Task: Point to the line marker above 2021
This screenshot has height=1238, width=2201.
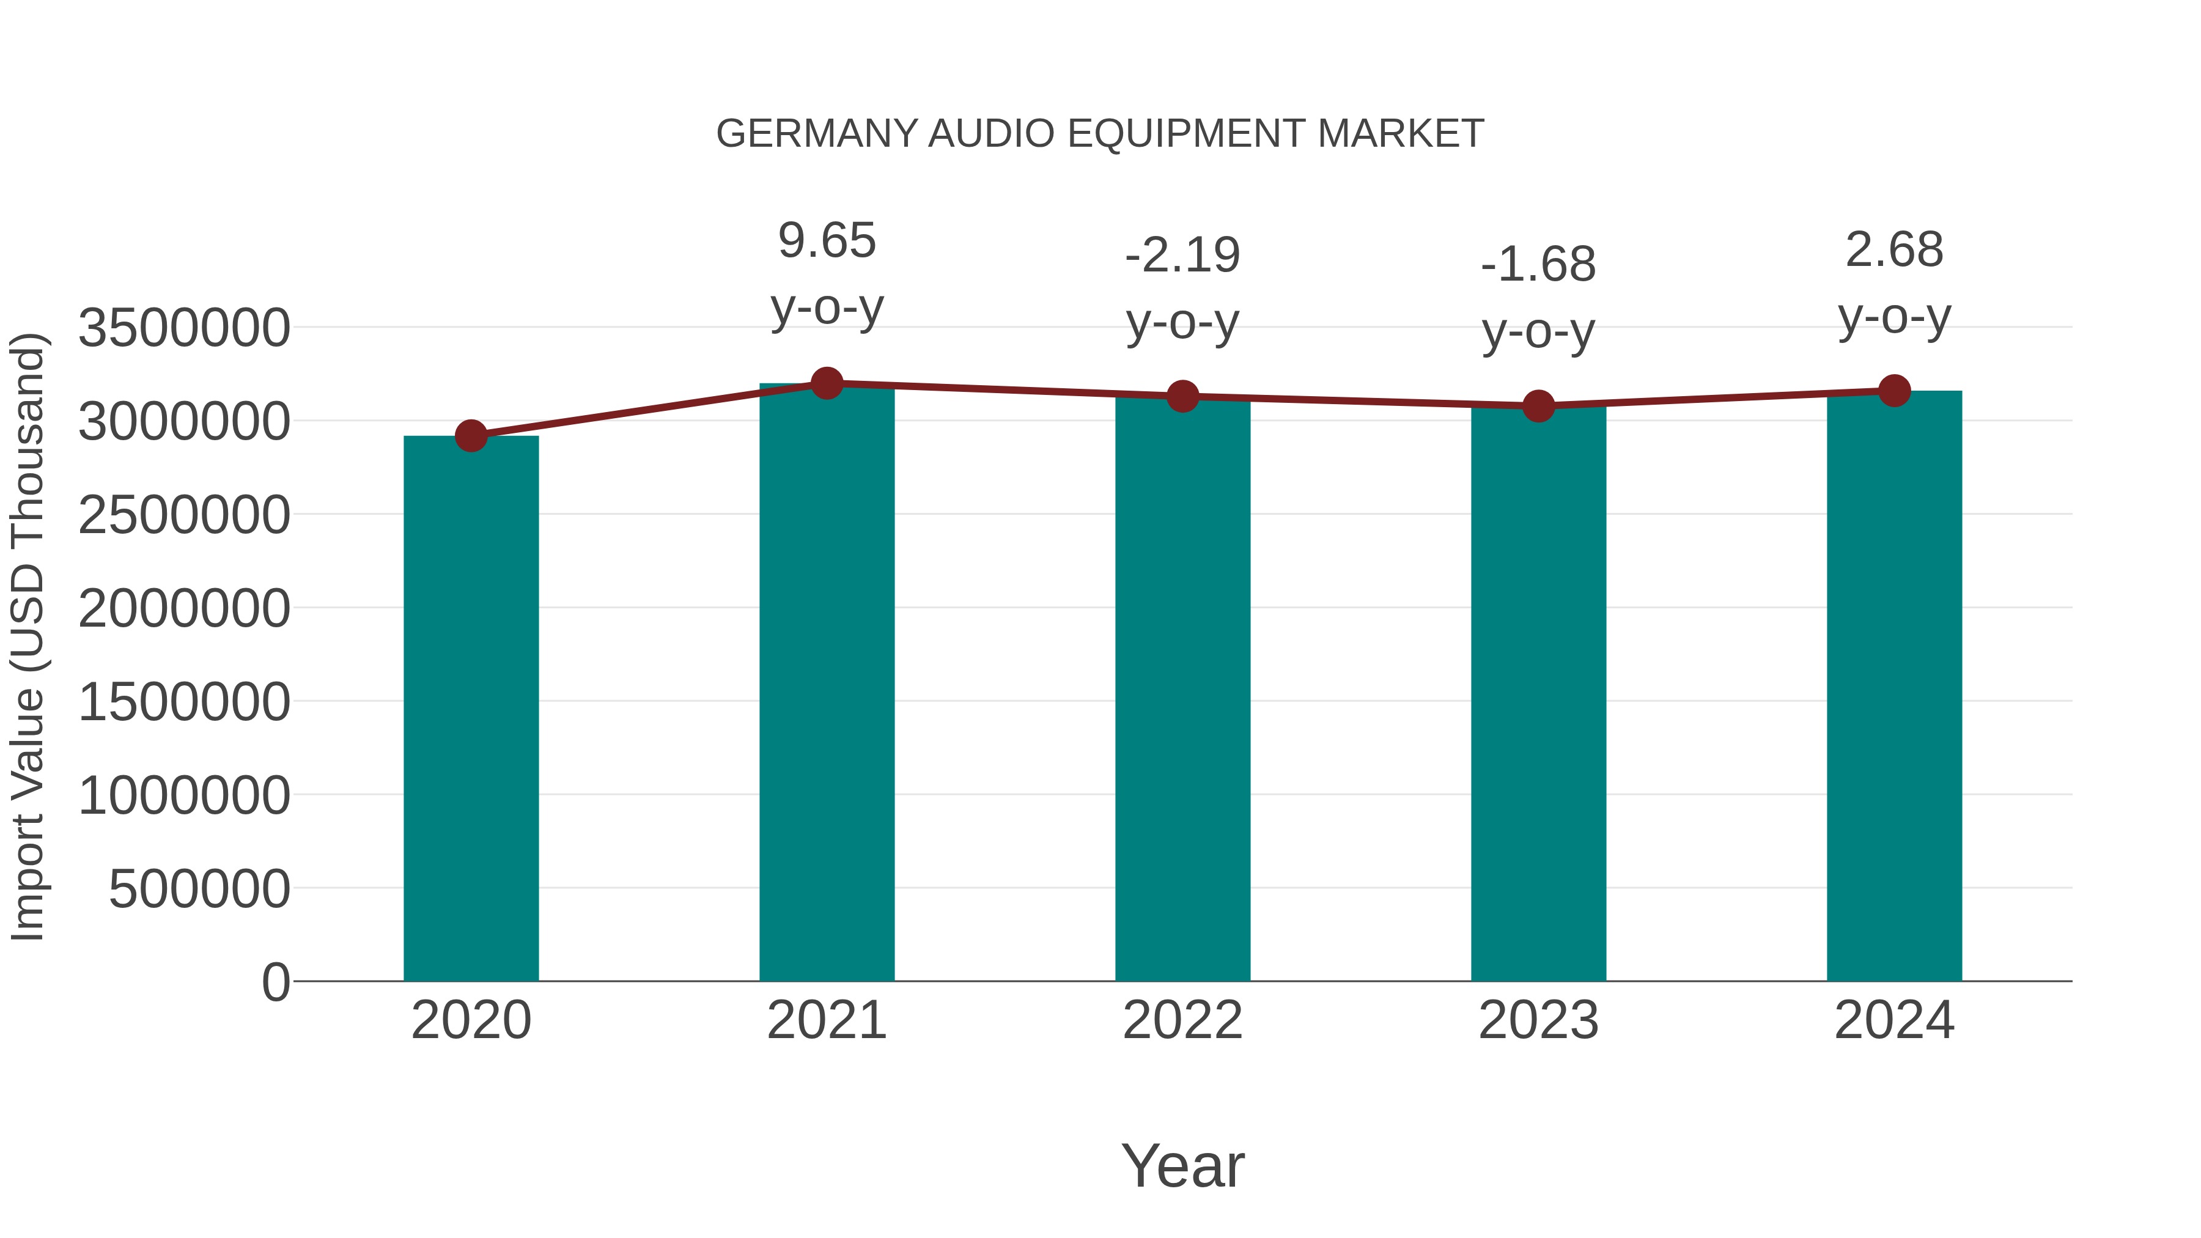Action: (x=826, y=383)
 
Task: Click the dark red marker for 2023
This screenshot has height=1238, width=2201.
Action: (x=1538, y=406)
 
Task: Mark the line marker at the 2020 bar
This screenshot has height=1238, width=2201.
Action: (x=471, y=437)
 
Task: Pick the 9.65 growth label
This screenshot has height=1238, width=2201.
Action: (x=826, y=241)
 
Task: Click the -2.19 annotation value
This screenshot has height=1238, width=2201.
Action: (x=1182, y=256)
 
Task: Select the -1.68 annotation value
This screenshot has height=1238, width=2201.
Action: (x=1538, y=265)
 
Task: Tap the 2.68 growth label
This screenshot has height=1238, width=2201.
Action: (x=1894, y=250)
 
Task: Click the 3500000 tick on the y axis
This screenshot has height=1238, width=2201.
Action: (x=183, y=328)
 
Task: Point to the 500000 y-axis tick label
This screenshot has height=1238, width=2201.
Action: (x=199, y=890)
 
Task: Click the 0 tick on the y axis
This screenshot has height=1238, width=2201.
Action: (x=276, y=982)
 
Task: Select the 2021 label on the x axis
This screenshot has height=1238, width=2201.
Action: (x=826, y=1020)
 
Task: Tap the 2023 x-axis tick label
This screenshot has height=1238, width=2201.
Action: (x=1538, y=1020)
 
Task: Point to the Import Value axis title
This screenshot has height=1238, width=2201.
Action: (x=28, y=636)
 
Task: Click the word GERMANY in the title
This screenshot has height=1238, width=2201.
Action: (x=817, y=134)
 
